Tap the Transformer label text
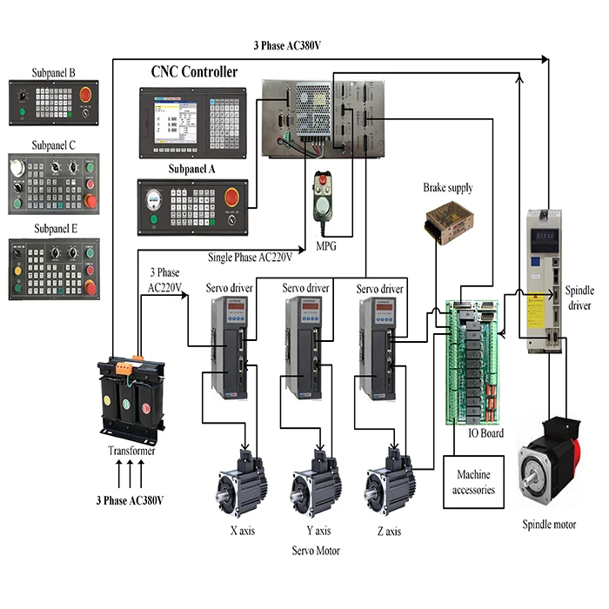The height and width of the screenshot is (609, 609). [130, 451]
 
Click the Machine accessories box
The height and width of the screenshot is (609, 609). [473, 482]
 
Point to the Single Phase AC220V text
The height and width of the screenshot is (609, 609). [249, 257]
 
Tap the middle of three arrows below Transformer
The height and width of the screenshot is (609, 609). [130, 477]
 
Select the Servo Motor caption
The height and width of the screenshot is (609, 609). [316, 551]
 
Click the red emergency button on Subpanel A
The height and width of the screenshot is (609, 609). [232, 197]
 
